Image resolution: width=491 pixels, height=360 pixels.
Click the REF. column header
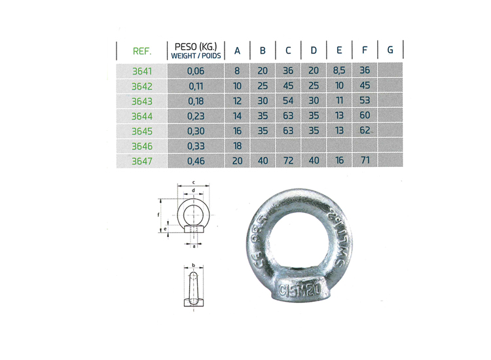click(x=142, y=51)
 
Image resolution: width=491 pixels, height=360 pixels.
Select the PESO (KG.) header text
click(x=196, y=46)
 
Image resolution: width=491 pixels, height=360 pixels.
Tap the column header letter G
click(x=390, y=50)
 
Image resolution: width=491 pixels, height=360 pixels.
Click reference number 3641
click(x=142, y=71)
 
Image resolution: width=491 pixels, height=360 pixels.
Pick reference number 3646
click(x=142, y=146)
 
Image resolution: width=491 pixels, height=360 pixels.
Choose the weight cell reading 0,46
click(x=196, y=161)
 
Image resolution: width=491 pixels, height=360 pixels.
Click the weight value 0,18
click(x=196, y=101)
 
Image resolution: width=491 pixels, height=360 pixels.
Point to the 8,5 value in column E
click(x=339, y=71)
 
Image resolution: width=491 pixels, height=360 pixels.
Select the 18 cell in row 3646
click(x=238, y=146)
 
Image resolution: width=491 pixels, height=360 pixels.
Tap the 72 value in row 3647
click(x=289, y=160)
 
